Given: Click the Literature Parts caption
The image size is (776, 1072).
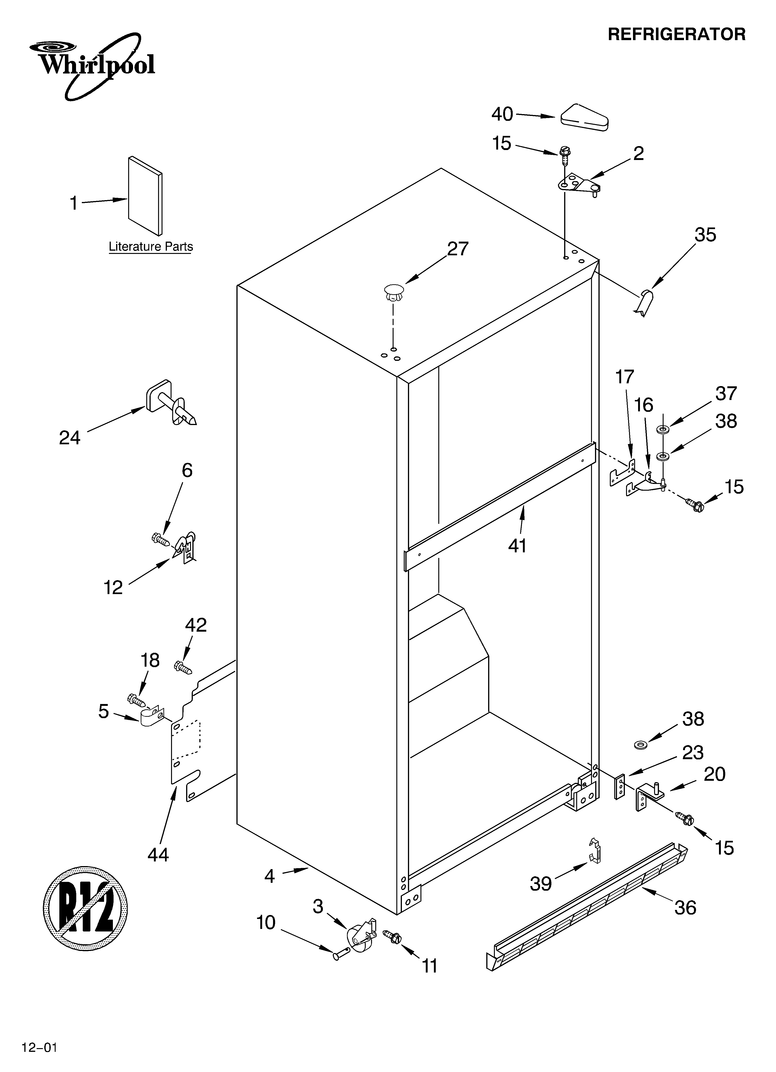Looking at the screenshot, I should (x=151, y=247).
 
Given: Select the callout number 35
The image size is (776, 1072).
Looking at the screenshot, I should (x=705, y=235).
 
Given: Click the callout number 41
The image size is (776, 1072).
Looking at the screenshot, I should (x=518, y=546).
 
